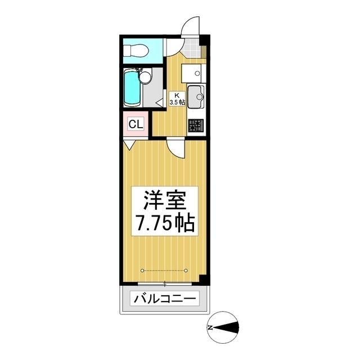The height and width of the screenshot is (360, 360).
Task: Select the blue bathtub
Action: [133, 88]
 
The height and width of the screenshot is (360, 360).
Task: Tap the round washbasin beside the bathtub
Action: [145, 76]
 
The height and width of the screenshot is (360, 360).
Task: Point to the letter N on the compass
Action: [209, 327]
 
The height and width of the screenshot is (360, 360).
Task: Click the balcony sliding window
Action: [164, 282]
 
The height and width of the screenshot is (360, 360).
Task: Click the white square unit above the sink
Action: [194, 71]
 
